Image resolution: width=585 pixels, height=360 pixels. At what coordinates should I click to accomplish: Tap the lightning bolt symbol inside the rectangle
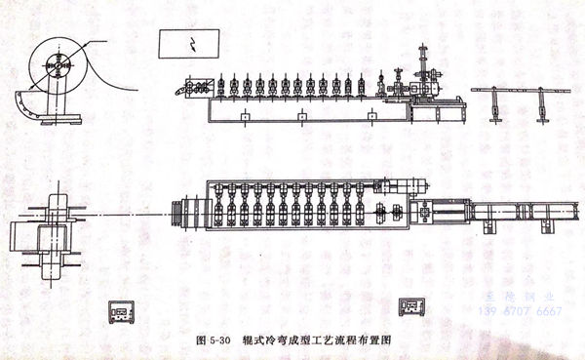click(193, 44)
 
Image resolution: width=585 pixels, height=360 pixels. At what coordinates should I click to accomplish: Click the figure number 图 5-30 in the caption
click(213, 342)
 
